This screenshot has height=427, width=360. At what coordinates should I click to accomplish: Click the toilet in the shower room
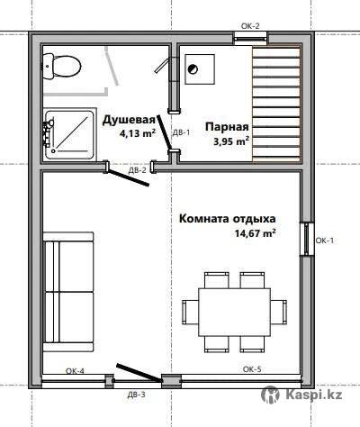tap(62, 67)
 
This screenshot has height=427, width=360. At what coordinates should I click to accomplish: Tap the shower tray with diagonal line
tap(69, 134)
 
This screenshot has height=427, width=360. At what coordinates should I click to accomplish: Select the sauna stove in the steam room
tap(200, 69)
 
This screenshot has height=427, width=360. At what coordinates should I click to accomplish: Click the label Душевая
tap(129, 120)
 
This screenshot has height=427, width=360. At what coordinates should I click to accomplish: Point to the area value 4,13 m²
tap(138, 132)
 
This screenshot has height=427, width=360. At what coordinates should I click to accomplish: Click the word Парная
tap(227, 127)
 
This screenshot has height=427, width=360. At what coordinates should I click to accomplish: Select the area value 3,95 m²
tap(231, 141)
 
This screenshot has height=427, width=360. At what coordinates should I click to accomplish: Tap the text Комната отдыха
tap(228, 219)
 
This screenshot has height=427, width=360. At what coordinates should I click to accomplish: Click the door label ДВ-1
tap(181, 132)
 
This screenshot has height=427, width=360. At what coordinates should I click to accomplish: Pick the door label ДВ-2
tap(138, 170)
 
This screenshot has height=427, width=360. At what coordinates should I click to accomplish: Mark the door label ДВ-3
tap(137, 395)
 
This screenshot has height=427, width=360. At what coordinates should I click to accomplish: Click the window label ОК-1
tap(324, 241)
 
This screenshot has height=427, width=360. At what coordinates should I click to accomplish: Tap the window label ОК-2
tap(250, 26)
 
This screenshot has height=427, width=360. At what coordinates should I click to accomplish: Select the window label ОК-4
tap(75, 371)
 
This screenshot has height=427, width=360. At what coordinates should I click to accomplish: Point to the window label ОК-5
tap(252, 369)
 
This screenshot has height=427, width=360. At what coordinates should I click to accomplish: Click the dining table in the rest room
tap(234, 313)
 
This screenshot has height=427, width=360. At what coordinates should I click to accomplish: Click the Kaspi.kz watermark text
tap(314, 395)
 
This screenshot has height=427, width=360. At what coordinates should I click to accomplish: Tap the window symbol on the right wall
tap(307, 239)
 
